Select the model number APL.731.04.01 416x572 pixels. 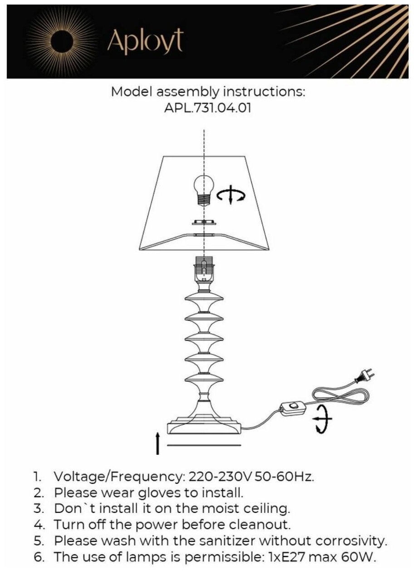pyautogui.click(x=208, y=108)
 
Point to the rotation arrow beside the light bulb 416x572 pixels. pyautogui.click(x=231, y=196)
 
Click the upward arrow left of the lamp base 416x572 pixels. pyautogui.click(x=157, y=443)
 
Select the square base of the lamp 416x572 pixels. pyautogui.click(x=204, y=427)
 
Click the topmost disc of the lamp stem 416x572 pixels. pyautogui.click(x=204, y=299)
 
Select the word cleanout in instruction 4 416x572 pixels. pyautogui.click(x=256, y=524)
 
